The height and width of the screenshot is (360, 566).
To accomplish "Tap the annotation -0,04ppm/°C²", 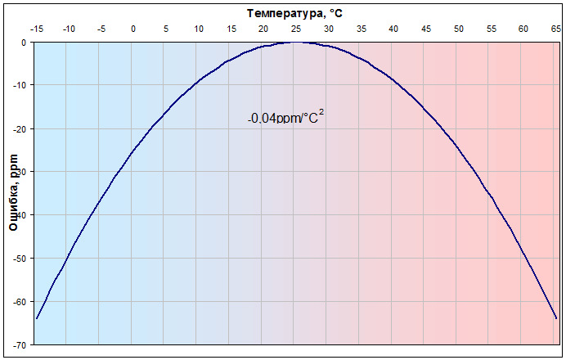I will point(285,118).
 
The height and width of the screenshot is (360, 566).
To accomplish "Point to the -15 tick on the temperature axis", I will point(36,29).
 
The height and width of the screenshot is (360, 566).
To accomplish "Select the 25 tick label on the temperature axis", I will point(295,29).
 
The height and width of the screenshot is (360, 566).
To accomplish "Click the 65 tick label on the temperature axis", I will point(555,29).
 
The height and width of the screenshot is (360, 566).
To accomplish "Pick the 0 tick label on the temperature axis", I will point(133,29).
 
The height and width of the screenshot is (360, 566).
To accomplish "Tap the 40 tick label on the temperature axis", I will point(393,29).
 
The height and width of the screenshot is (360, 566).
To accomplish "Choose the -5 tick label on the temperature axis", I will point(101,29).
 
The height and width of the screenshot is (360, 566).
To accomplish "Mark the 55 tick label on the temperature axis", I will point(491,29).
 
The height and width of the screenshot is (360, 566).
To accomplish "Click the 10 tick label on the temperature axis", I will point(198,29).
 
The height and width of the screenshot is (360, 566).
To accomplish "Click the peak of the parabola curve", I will point(295,43).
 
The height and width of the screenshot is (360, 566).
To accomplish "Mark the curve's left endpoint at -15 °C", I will point(37,318).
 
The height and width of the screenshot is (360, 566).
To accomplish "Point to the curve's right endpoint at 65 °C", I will point(556,318).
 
